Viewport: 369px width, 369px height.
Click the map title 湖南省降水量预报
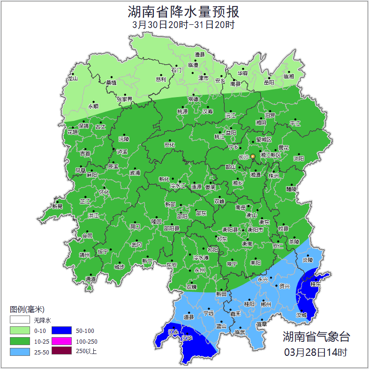click(x=184, y=11)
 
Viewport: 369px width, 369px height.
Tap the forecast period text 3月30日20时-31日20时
click(x=183, y=25)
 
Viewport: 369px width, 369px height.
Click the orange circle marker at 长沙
click(x=253, y=156)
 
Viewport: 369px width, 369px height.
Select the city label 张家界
click(x=125, y=99)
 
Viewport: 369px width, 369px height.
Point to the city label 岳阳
click(x=269, y=83)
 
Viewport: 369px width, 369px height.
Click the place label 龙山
click(x=72, y=78)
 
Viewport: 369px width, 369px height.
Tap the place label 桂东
click(x=316, y=284)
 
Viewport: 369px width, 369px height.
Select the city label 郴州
click(x=266, y=304)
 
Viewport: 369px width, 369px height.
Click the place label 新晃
click(x=57, y=206)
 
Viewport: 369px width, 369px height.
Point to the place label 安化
click(x=169, y=145)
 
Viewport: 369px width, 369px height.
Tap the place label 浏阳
click(x=299, y=158)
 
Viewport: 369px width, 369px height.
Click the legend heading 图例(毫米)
click(x=27, y=309)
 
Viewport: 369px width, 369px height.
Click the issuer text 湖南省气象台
click(x=316, y=337)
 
